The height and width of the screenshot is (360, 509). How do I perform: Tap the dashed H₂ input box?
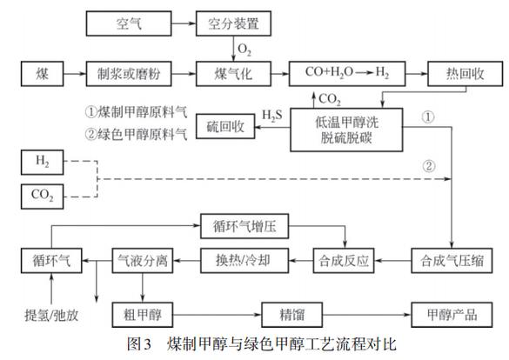coord(44,163)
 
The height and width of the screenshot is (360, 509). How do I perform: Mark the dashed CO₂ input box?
coord(44,197)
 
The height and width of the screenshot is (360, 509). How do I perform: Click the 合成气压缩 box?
coord(451,259)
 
